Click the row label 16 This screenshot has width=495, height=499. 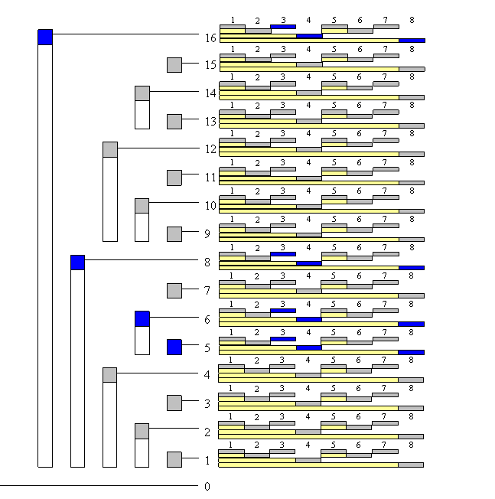210,38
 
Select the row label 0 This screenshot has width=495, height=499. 207,486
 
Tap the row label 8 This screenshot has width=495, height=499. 207,262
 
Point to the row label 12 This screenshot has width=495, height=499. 210,149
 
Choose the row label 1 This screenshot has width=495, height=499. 207,460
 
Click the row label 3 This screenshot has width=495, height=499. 207,403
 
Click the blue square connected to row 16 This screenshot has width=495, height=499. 45,37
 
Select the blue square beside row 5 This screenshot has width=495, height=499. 174,347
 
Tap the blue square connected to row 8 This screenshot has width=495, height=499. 77,262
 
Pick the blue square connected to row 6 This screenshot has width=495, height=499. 142,318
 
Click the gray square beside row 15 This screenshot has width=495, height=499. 174,65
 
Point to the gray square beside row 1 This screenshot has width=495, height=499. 174,459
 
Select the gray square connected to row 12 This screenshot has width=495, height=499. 110,149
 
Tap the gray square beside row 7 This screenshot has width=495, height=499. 174,291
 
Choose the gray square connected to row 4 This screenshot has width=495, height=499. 110,375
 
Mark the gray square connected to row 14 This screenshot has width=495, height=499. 142,93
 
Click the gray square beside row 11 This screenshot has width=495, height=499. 174,178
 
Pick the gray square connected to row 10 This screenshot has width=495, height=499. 142,206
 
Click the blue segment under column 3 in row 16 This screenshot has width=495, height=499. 283,27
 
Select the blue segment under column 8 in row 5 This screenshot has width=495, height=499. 411,352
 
